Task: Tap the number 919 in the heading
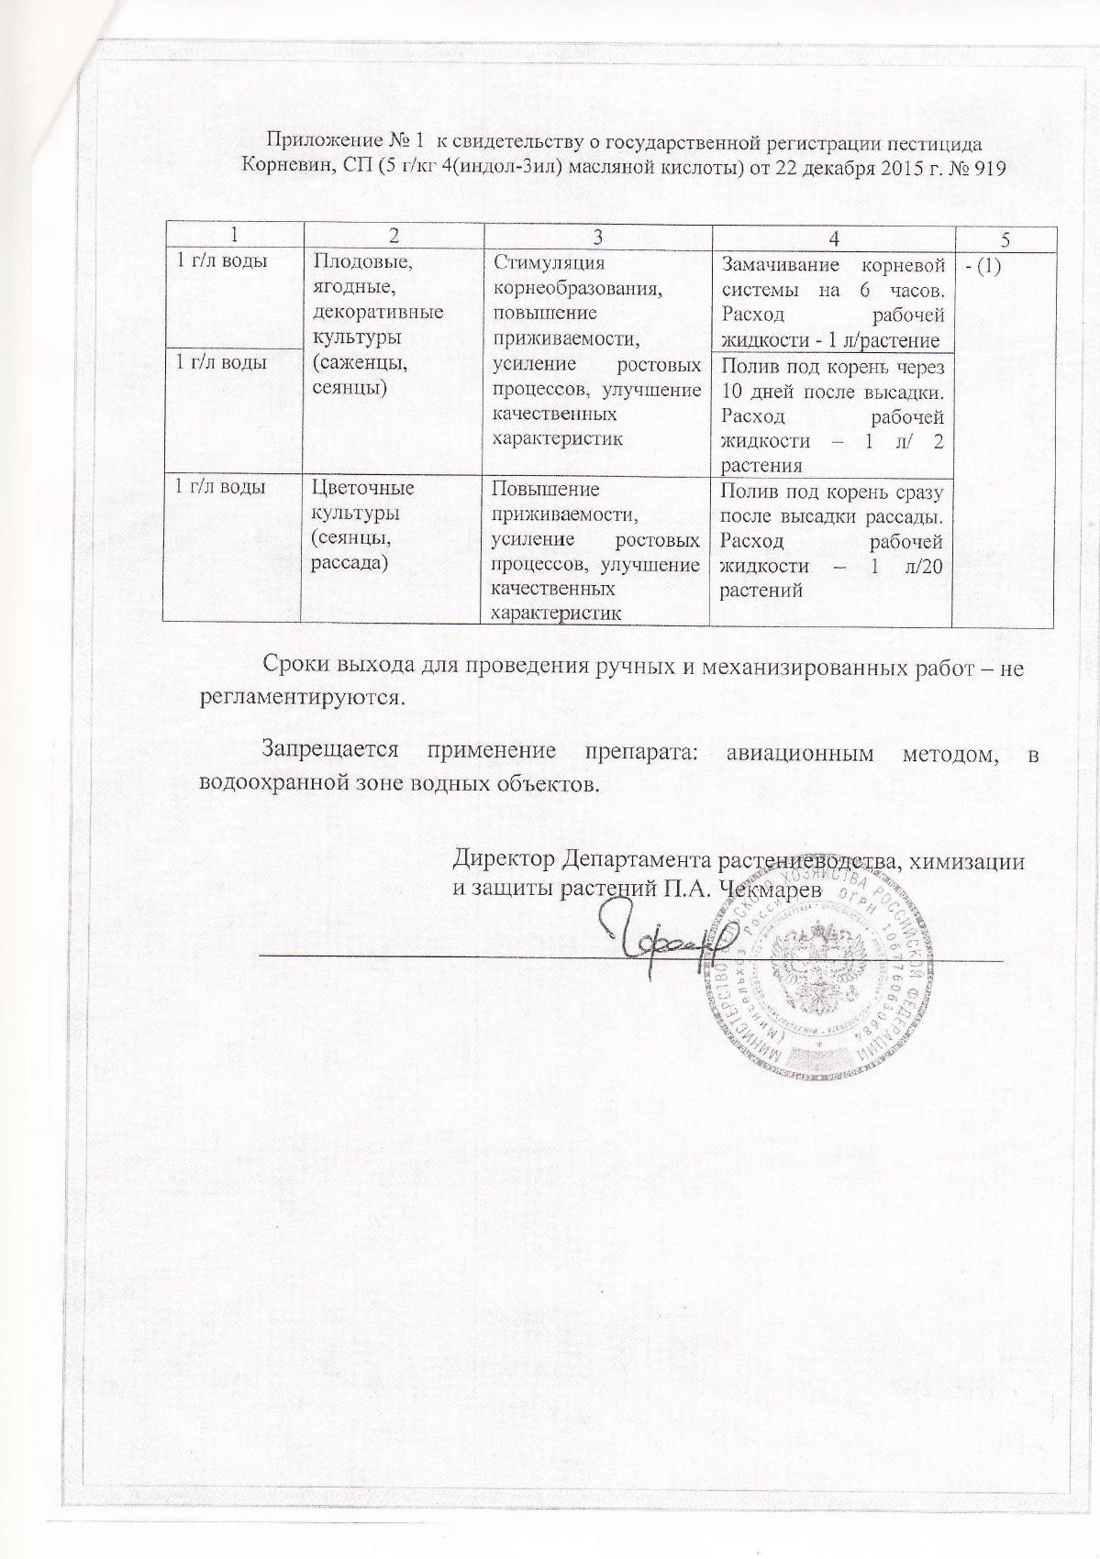tap(988, 167)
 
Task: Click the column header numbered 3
tap(596, 238)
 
